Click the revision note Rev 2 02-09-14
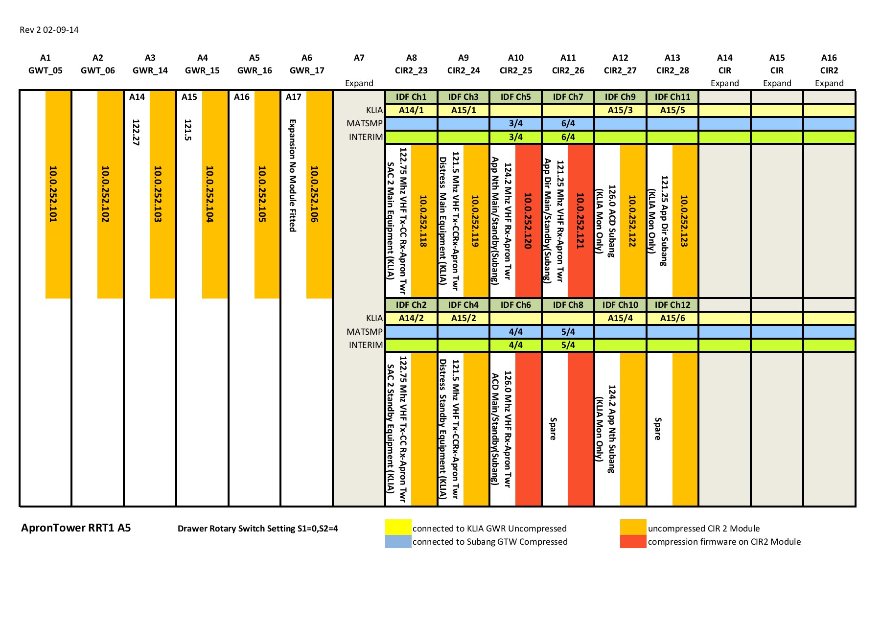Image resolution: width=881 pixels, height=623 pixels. pos(49,30)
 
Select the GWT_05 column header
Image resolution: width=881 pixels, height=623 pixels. pos(46,70)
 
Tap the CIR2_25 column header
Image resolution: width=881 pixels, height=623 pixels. pos(516,70)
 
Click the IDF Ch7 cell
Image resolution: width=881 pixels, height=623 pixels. pos(568,97)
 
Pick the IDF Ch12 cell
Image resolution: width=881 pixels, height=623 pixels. pos(672,305)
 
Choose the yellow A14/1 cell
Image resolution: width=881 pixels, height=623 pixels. pos(411,110)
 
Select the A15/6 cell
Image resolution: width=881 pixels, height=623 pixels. pos(672,318)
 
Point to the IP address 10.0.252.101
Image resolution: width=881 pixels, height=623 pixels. pos(53,194)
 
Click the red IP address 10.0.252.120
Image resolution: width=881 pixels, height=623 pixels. pos(528,221)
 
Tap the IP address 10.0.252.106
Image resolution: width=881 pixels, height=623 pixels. pos(314,194)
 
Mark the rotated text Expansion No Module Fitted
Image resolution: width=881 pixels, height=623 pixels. pos(292,175)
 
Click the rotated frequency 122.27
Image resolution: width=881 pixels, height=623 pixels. pos(136,132)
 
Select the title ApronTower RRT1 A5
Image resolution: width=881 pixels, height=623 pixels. pos(76,528)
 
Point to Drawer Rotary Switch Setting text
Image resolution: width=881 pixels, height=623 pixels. pos(257,529)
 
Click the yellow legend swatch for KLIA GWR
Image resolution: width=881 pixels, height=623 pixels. pos(398,527)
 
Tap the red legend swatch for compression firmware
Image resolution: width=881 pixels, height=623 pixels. pos(633,541)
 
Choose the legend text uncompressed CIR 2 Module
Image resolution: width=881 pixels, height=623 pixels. pos(703,529)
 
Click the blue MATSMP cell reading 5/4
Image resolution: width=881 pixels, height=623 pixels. pos(568,332)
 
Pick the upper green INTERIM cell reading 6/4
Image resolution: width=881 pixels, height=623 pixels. pos(568,137)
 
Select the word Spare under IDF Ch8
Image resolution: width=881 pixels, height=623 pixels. pos(553,429)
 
